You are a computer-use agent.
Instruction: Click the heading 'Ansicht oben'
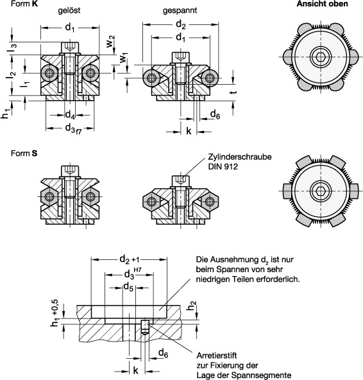[323, 4]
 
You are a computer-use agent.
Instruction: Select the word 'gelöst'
[69, 10]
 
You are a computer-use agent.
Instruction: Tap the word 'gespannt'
[180, 11]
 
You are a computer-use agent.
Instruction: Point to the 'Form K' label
[24, 4]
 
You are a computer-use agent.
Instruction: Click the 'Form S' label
[24, 153]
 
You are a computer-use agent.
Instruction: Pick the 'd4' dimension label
[70, 115]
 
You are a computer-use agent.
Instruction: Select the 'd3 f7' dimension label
[73, 128]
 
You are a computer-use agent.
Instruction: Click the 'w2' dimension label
[110, 41]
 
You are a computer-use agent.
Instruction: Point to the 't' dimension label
[233, 92]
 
